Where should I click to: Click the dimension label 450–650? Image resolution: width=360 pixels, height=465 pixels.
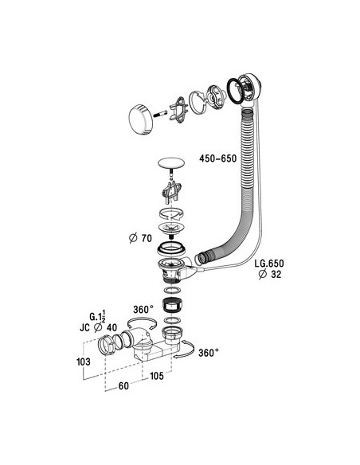pos(218,158)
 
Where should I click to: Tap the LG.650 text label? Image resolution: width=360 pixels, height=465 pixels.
pos(269,264)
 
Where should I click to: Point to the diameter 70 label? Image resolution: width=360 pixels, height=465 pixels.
pos(140,238)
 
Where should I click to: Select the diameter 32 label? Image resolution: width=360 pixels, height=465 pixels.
pos(269,275)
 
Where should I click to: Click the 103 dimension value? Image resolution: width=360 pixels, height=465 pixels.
pos(84,361)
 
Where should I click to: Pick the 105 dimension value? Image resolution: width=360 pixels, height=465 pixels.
pos(157,376)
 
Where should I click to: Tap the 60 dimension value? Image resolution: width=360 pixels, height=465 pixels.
pos(123,386)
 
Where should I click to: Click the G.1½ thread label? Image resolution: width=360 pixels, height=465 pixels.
pos(97,316)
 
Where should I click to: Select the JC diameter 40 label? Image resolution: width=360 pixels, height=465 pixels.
pos(98,328)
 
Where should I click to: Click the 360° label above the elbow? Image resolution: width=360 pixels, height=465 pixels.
pos(143,310)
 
